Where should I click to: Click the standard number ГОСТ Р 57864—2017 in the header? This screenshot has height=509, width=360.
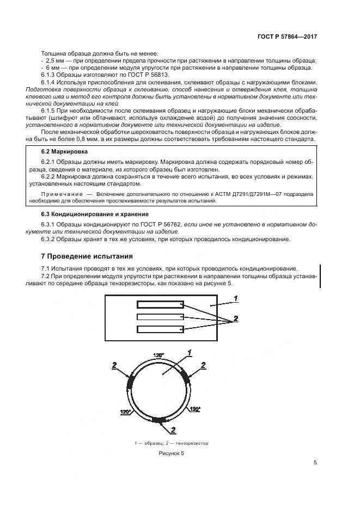point(287,36)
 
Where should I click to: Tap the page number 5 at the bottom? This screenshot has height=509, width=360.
point(315,463)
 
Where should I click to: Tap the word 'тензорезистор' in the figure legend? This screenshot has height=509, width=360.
point(192,443)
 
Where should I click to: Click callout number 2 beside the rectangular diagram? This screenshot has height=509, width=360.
point(236,318)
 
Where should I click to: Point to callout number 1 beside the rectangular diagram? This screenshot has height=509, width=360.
point(235,298)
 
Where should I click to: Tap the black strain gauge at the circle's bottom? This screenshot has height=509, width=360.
point(160,419)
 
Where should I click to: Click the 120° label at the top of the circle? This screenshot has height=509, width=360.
point(158,355)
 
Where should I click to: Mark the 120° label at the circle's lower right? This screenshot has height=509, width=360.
point(194,408)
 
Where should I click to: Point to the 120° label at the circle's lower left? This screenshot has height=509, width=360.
point(125,412)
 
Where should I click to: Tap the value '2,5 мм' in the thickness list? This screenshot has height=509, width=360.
point(54,60)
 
